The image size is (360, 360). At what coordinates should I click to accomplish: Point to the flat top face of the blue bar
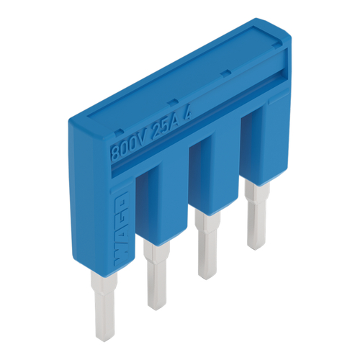(180, 65)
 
